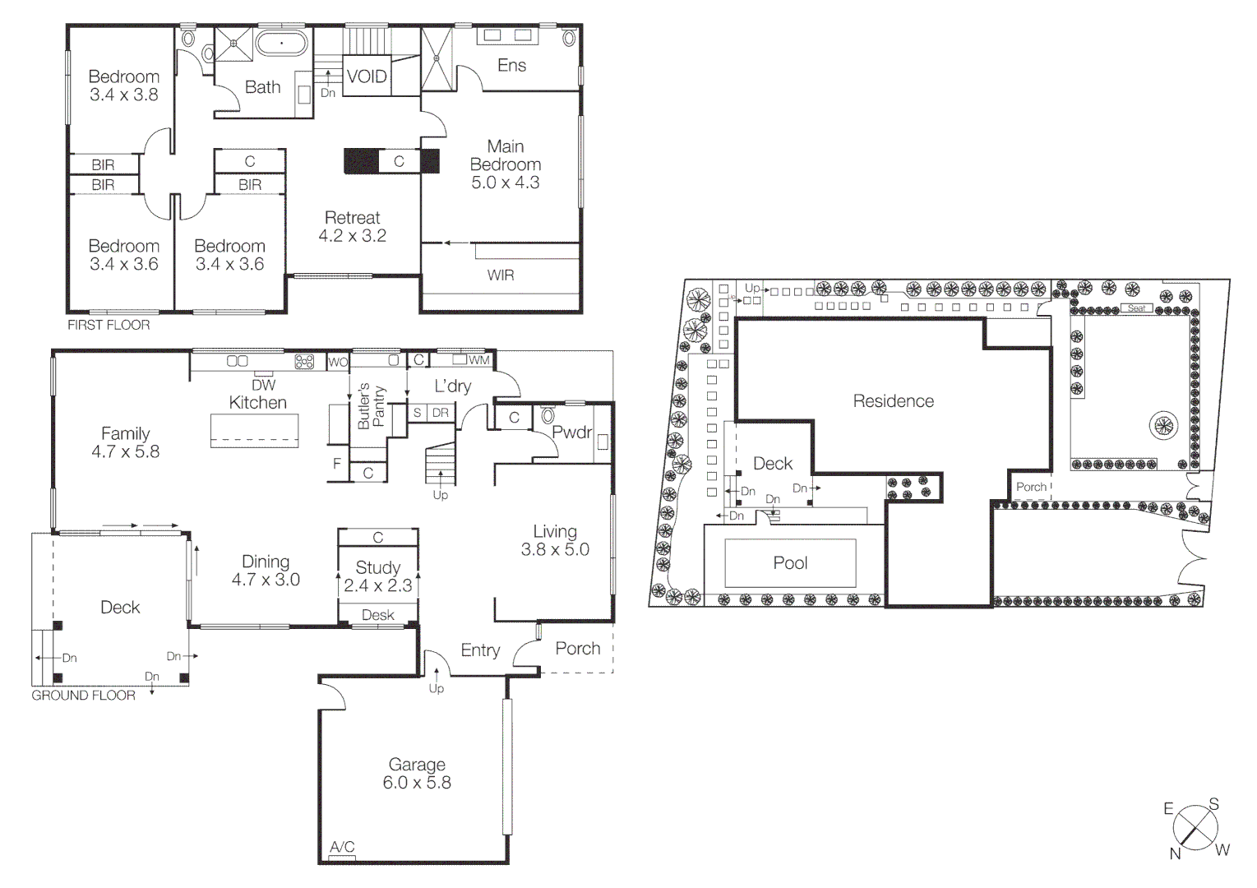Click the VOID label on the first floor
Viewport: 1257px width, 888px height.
click(367, 76)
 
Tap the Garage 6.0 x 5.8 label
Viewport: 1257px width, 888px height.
click(417, 774)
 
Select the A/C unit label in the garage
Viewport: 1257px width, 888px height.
click(342, 847)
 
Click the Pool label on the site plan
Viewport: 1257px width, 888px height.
click(790, 563)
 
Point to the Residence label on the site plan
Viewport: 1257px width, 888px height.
click(893, 401)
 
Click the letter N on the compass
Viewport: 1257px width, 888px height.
click(1175, 853)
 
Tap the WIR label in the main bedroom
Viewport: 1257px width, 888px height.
click(500, 275)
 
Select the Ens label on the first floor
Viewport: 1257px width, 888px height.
click(511, 65)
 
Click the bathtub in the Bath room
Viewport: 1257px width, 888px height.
click(281, 43)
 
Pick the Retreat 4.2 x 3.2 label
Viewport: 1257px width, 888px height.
click(352, 227)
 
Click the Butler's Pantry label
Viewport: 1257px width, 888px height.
click(371, 406)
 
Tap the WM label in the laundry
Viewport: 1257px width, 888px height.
click(478, 360)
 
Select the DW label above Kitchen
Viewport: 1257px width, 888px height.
click(263, 385)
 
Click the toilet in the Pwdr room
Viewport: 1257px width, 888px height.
click(548, 416)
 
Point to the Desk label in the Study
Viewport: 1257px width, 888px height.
click(377, 615)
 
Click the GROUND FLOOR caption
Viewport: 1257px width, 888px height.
click(83, 696)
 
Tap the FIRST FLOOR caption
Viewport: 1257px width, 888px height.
click(109, 325)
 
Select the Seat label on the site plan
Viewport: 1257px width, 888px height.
click(1136, 308)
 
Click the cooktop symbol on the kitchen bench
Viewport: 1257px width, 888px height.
click(304, 361)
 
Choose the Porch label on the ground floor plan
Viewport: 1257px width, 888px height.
click(577, 649)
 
